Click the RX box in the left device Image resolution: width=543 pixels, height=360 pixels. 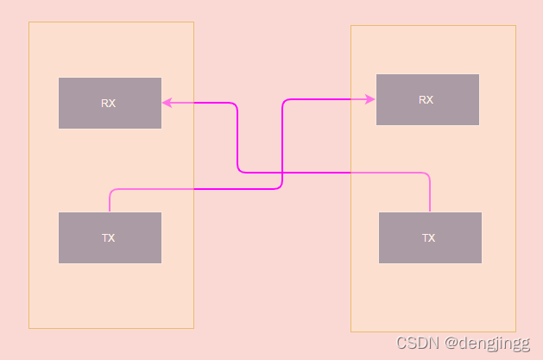point(110,103)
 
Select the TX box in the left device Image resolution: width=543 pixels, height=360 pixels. point(110,237)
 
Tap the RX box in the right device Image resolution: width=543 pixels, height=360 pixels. point(427,99)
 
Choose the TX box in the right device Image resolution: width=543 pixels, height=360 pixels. point(430,237)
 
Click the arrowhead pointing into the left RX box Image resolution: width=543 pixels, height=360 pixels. point(167,103)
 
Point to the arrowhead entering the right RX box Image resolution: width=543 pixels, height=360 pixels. point(371,99)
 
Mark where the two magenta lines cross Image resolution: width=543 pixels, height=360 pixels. point(283,173)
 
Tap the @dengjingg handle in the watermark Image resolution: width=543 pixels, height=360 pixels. point(487,343)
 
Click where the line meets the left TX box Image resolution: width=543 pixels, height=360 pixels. point(110,212)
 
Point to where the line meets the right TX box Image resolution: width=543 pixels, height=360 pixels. point(430,212)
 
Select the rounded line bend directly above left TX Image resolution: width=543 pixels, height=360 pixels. point(111,190)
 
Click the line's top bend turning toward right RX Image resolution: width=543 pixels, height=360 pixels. point(285,101)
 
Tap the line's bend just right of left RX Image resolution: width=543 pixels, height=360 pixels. point(236,104)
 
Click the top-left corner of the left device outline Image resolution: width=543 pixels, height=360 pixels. point(29,22)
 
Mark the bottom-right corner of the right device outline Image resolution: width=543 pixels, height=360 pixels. point(515,332)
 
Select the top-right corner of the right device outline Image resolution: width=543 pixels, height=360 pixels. point(515,26)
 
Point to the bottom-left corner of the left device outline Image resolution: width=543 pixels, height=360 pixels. point(29,328)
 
